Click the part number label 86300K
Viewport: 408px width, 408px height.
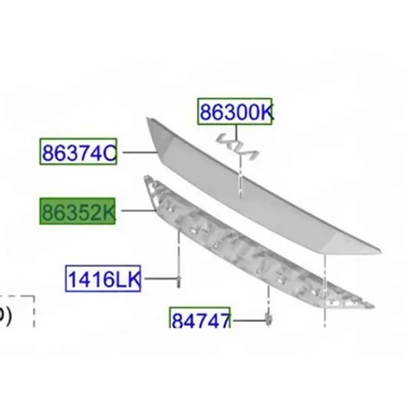click(234, 111)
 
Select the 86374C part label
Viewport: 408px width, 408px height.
click(79, 151)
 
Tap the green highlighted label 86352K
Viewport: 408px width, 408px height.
click(78, 211)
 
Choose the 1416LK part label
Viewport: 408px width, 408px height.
click(103, 278)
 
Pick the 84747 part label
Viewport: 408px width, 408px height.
click(200, 318)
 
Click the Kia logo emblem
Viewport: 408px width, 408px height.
click(237, 146)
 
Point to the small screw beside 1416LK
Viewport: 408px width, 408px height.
click(179, 282)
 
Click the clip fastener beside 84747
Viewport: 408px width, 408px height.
click(269, 320)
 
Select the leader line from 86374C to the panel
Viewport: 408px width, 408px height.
click(139, 152)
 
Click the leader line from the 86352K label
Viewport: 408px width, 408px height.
click(138, 210)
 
